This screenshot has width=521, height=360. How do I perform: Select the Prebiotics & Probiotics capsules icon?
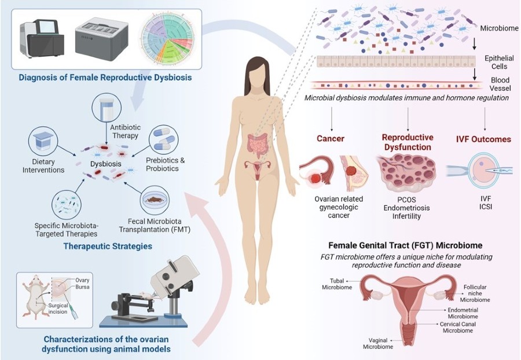pyautogui.click(x=163, y=139)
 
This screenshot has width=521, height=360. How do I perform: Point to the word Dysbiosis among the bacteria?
pyautogui.click(x=106, y=164)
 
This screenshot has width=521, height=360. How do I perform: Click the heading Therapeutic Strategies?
pyautogui.click(x=108, y=246)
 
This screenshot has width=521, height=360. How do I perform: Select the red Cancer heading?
pyautogui.click(x=331, y=138)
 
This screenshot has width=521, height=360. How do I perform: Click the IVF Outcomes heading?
pyautogui.click(x=483, y=139)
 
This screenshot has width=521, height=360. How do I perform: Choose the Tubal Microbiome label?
pyautogui.click(x=337, y=284)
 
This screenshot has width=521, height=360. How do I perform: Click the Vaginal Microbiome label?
pyautogui.click(x=378, y=343)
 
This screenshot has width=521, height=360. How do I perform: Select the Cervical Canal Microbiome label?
pyautogui.click(x=458, y=327)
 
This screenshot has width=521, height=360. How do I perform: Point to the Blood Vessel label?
pyautogui.click(x=500, y=84)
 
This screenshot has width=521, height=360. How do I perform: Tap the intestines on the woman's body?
pyautogui.click(x=257, y=146)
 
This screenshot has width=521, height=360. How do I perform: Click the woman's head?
pyautogui.click(x=257, y=71)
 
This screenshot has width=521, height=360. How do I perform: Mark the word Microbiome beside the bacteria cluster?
pyautogui.click(x=499, y=28)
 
